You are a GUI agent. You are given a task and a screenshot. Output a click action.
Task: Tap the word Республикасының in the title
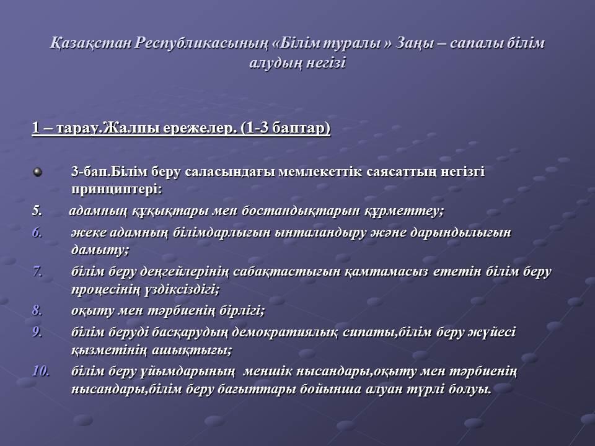pos(201,43)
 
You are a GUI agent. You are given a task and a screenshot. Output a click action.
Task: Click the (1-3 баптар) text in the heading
pos(285,128)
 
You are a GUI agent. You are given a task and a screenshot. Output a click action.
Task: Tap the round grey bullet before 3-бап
pos(38,172)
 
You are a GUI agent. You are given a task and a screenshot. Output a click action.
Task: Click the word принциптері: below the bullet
pos(117,190)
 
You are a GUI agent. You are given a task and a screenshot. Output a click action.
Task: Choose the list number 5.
pos(37,211)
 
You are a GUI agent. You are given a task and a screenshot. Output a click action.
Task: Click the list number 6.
pos(37,232)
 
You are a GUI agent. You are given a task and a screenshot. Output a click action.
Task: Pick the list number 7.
pos(37,271)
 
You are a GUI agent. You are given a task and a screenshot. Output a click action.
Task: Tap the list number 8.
pos(37,310)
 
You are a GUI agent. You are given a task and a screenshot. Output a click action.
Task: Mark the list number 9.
pos(37,332)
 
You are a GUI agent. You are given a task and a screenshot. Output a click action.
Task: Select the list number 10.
pos(41,371)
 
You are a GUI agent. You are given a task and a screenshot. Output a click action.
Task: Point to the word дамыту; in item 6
pos(100,250)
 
